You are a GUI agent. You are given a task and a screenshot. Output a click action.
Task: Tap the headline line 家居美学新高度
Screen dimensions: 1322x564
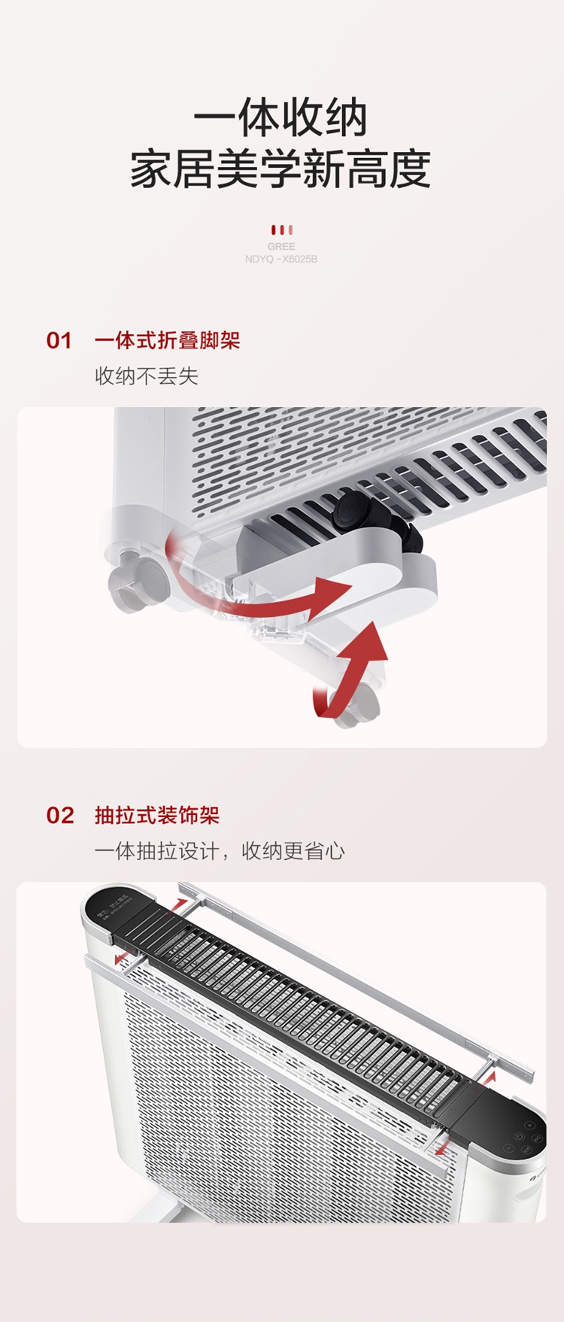click(x=280, y=169)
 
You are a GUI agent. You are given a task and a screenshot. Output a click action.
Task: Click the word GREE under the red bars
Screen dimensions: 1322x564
click(x=281, y=246)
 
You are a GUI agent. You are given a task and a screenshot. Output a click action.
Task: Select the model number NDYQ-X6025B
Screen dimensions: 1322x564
click(x=281, y=259)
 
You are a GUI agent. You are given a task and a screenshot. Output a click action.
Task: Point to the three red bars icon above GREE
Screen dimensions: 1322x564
click(x=281, y=230)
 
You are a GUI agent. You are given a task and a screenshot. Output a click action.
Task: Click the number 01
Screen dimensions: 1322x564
click(x=59, y=341)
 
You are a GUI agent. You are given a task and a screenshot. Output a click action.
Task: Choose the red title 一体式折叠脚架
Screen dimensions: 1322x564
click(x=167, y=341)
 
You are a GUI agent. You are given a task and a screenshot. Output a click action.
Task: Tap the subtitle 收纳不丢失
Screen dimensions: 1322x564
click(x=146, y=376)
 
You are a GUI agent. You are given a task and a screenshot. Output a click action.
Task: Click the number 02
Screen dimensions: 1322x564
click(x=60, y=816)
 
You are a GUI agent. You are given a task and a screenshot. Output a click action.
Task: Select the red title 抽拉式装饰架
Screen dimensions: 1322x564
click(x=156, y=816)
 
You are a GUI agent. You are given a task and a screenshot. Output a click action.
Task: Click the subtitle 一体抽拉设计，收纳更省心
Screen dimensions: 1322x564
click(x=219, y=851)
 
